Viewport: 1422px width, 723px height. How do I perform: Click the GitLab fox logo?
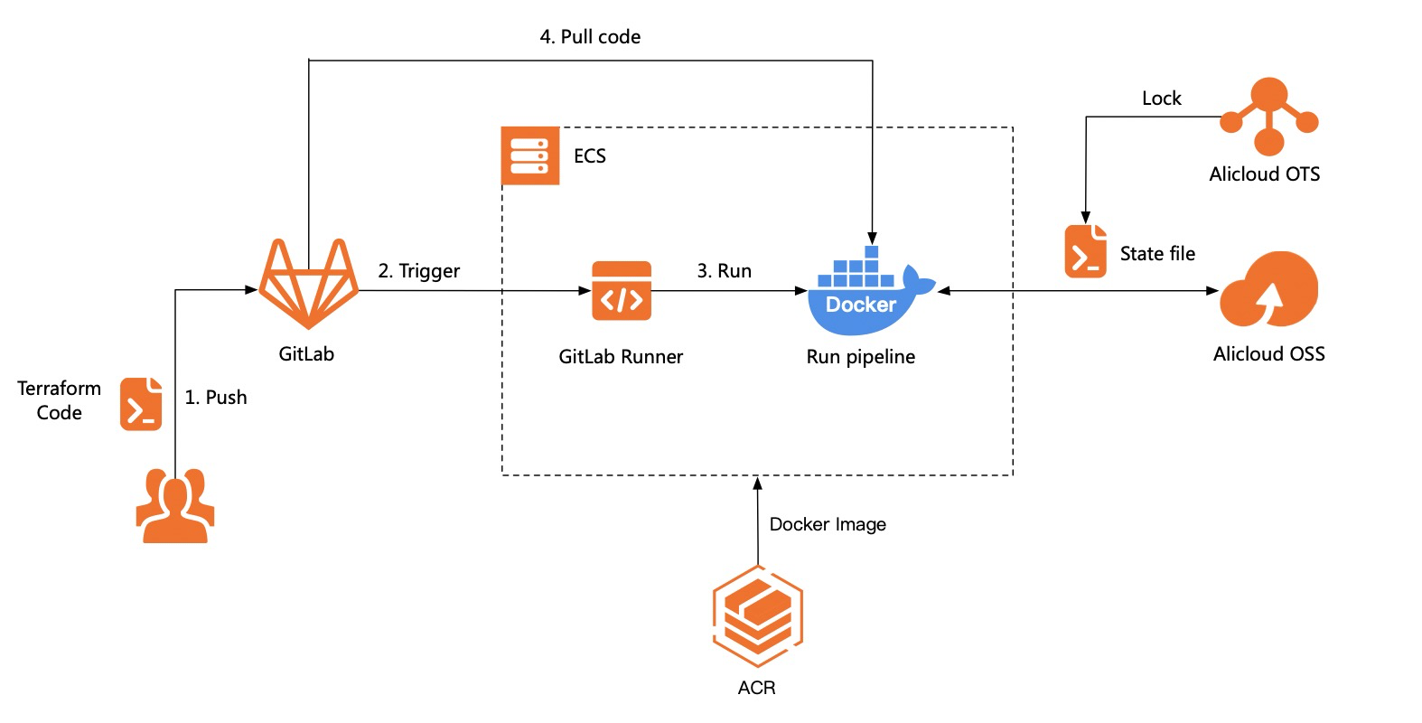(307, 284)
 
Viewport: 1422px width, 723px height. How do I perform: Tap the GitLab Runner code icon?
(622, 291)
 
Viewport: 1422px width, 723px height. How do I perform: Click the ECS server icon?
(530, 155)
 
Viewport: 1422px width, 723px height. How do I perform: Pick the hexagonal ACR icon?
(757, 615)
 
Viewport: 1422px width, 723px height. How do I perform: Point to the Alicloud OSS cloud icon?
(1268, 291)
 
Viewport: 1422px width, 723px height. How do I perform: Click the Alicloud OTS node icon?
(1268, 117)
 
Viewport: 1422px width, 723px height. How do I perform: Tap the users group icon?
(175, 506)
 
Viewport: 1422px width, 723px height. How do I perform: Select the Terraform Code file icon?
(141, 404)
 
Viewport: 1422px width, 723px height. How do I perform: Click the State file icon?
(1085, 251)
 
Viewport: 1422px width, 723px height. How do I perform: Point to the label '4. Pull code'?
(590, 37)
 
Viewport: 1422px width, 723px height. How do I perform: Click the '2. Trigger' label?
(418, 271)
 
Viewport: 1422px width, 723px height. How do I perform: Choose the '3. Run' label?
(724, 271)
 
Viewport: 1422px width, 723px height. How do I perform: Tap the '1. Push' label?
(215, 398)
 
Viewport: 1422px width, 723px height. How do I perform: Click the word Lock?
(1161, 99)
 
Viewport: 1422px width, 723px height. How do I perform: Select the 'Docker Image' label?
(828, 524)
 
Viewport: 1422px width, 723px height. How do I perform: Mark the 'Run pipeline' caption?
(860, 357)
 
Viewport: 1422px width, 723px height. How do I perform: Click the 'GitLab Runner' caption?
(621, 357)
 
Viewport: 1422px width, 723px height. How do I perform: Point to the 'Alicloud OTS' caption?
(1264, 174)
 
